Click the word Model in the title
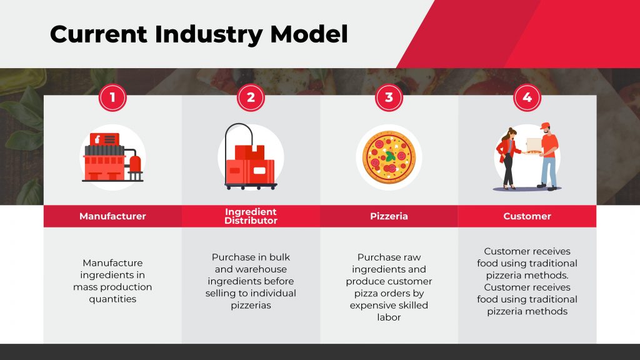point(309,34)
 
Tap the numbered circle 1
point(112,97)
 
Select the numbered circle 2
point(251,97)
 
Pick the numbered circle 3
point(389,97)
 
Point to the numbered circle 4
point(527,97)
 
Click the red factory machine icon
point(112,157)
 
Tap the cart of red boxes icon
point(250,157)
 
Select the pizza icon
point(389,157)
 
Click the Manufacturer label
point(112,216)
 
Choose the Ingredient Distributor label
point(251,216)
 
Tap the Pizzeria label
point(389,216)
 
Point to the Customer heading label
point(527,216)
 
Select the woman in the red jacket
point(507,159)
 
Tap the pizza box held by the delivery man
point(534,146)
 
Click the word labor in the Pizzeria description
point(389,317)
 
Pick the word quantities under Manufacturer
point(112,299)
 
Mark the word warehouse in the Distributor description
point(262,269)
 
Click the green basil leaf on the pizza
point(391,156)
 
